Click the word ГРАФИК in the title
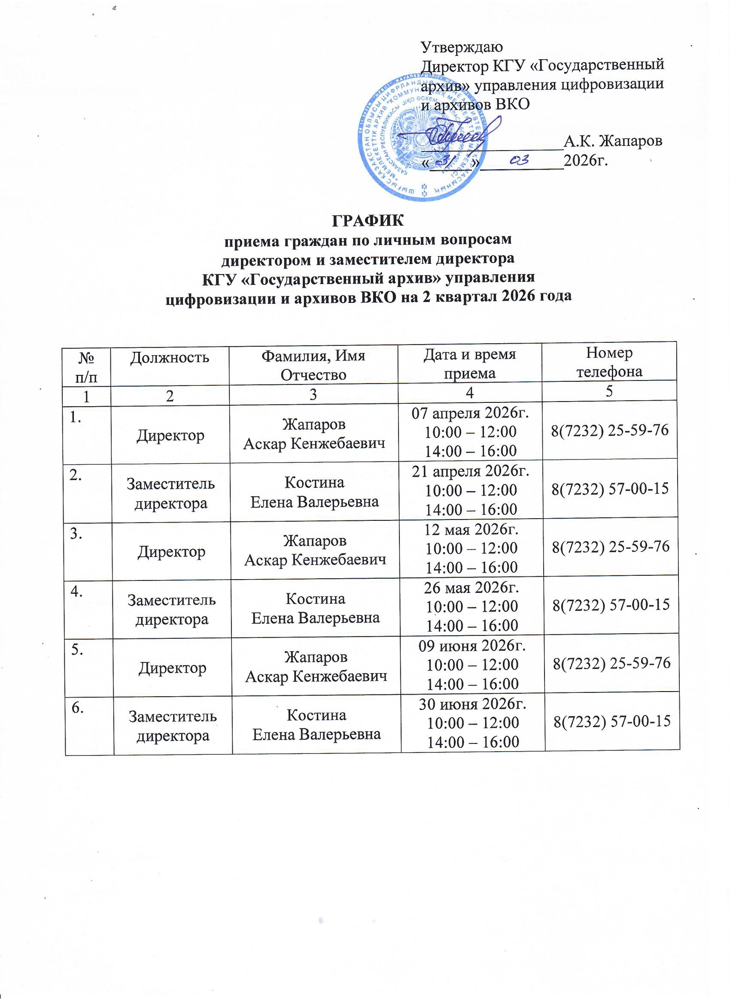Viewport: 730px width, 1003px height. [x=368, y=220]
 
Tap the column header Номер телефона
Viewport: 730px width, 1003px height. [x=609, y=362]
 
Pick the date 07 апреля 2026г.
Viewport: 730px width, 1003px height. [x=470, y=414]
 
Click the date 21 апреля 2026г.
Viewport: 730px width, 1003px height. [x=471, y=471]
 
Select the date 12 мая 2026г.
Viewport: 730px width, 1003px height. [x=471, y=529]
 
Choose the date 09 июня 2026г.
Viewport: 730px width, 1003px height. [x=472, y=646]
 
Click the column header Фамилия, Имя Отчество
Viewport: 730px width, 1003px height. [x=313, y=365]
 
